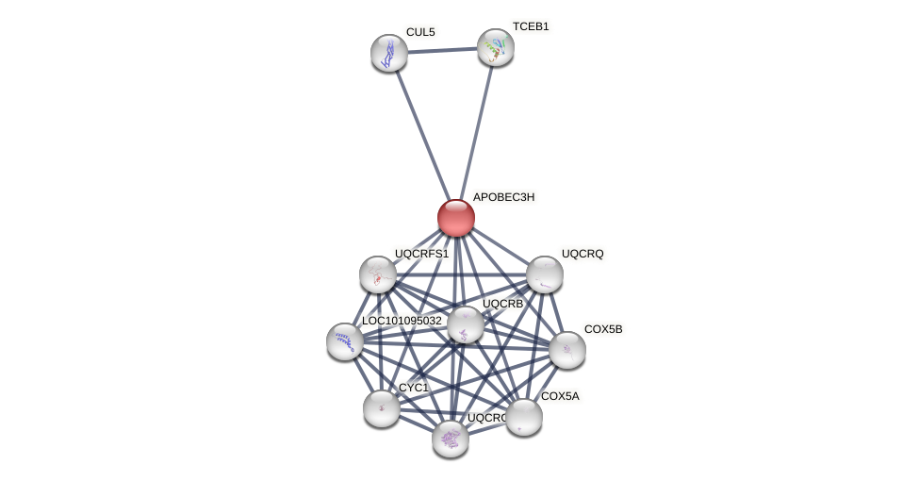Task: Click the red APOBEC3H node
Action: (456, 218)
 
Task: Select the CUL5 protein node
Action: (389, 53)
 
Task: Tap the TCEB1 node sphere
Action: (495, 47)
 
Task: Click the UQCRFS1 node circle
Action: (378, 274)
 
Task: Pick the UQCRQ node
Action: (545, 274)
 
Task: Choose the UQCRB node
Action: (466, 324)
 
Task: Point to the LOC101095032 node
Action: (345, 341)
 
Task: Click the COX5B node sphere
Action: (567, 350)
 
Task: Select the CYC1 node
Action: (382, 408)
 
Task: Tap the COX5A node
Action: (524, 417)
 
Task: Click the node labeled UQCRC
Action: (451, 439)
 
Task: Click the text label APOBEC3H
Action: (503, 197)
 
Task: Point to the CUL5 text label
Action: (420, 32)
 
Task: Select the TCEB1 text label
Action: (531, 26)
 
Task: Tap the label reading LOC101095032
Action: (402, 321)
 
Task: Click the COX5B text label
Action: (603, 329)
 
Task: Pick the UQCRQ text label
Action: (583, 254)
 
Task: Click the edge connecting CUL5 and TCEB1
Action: (442, 50)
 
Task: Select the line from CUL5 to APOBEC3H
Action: (422, 135)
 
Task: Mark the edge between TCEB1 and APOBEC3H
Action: (476, 132)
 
